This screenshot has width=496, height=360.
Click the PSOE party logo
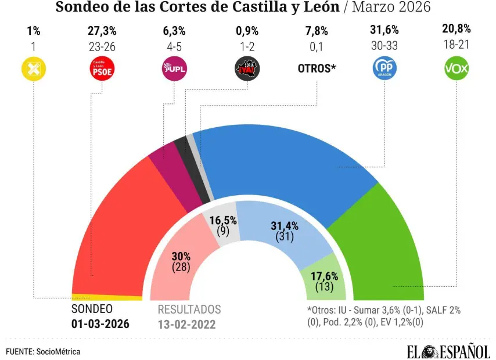click(x=102, y=69)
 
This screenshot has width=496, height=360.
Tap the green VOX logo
click(x=456, y=69)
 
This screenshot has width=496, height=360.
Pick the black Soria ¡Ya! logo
click(x=247, y=69)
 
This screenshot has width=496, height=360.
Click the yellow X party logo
click(x=33, y=69)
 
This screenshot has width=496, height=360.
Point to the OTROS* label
click(x=317, y=69)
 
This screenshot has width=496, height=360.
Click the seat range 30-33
click(x=384, y=45)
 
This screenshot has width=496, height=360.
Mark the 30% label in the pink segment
click(x=181, y=256)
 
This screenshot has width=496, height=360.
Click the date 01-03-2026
click(x=100, y=324)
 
